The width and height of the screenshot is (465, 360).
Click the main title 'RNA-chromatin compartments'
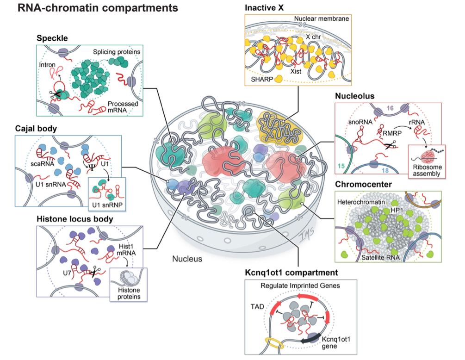tap(92, 8)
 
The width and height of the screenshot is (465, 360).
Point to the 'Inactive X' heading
tap(264, 8)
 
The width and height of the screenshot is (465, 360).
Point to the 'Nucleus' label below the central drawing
tap(187, 259)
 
